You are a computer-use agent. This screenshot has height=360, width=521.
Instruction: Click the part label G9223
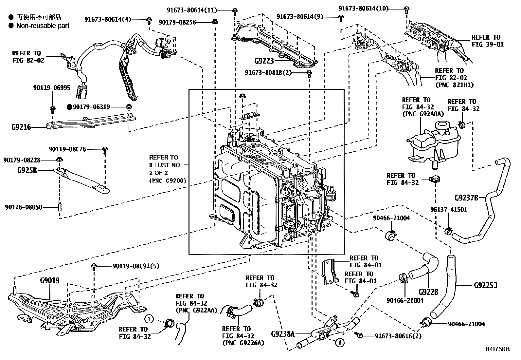click(x=263, y=61)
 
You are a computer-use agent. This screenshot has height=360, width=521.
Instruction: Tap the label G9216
click(x=21, y=127)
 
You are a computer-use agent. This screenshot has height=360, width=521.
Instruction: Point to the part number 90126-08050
click(x=24, y=207)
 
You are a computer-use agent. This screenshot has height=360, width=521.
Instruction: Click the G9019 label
click(x=49, y=281)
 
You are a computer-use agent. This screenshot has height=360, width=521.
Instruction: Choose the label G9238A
click(x=283, y=334)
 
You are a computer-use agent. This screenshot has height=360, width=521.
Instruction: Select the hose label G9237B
click(x=466, y=198)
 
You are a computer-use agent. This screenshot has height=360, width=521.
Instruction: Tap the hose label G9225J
click(x=485, y=286)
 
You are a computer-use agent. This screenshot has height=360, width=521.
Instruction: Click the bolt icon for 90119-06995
click(x=52, y=108)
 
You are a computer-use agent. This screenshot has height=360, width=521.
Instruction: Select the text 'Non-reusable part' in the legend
click(x=43, y=26)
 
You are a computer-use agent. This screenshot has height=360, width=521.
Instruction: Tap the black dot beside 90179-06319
click(x=69, y=107)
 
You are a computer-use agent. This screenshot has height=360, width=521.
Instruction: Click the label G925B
click(x=27, y=170)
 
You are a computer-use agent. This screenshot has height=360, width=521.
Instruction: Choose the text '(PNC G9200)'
click(x=167, y=180)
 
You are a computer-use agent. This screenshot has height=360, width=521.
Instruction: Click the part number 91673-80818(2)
click(x=268, y=72)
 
